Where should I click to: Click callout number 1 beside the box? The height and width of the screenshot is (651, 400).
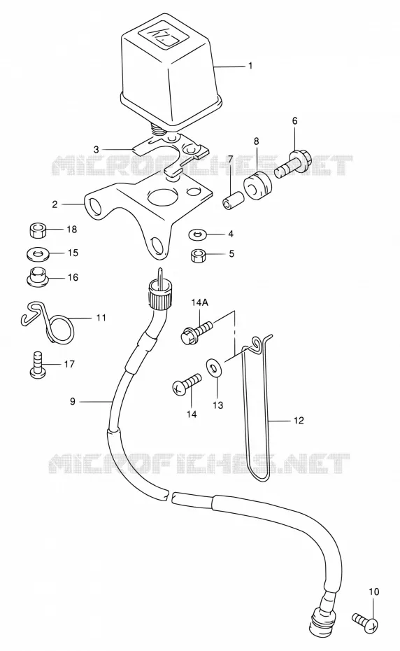point(250,66)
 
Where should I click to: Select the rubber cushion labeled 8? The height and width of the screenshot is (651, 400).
point(257,184)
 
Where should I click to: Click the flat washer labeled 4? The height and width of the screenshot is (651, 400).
point(197,234)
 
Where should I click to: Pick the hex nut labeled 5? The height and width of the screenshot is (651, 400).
point(197,255)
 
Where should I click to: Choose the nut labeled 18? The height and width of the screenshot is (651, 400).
point(38,230)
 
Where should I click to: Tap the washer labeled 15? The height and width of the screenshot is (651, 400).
point(38,253)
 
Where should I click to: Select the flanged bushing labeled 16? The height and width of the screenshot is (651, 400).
point(38,277)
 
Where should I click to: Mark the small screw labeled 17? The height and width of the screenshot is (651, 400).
point(37,365)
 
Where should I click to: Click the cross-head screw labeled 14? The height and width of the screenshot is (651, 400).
point(187,384)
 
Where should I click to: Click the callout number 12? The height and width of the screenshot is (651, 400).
point(299,421)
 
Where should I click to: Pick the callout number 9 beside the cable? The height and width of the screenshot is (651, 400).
point(73,402)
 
